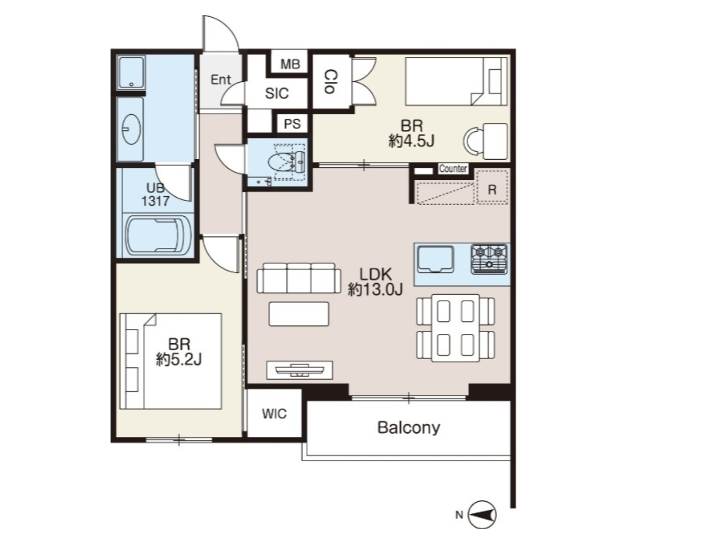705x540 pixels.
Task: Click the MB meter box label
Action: (x=290, y=64)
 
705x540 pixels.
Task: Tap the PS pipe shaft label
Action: (x=292, y=124)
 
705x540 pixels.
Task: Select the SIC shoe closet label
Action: (x=277, y=93)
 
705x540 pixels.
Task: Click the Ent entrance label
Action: (x=221, y=79)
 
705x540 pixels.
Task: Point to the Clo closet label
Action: (x=331, y=81)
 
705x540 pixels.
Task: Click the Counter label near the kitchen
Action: (x=453, y=169)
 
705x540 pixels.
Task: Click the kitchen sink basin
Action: (x=435, y=259)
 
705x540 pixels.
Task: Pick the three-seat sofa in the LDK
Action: (x=299, y=278)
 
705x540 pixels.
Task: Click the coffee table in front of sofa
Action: (x=299, y=314)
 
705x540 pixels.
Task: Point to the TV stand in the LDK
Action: (x=299, y=370)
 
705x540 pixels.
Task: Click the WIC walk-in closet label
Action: (x=275, y=414)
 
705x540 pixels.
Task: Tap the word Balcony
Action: (x=409, y=428)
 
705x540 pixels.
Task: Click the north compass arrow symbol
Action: (x=483, y=515)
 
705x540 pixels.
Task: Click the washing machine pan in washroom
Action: (x=131, y=72)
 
